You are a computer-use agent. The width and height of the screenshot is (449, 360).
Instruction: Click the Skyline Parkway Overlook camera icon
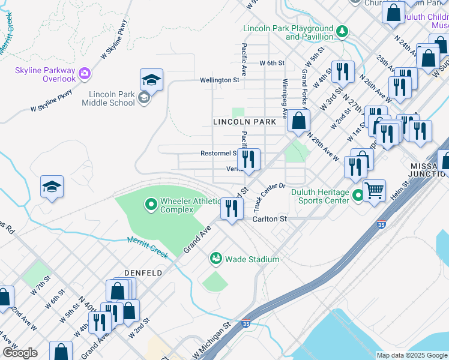click(x=85, y=73)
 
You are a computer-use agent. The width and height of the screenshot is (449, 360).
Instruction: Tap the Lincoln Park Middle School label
click(x=112, y=98)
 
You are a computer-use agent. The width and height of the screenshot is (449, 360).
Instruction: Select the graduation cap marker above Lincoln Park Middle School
click(x=152, y=80)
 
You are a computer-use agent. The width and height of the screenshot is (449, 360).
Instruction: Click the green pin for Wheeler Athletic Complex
click(x=151, y=206)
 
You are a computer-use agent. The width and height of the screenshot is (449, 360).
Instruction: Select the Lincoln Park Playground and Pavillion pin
click(x=342, y=31)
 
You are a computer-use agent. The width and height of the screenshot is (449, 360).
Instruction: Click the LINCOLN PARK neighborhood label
click(x=244, y=122)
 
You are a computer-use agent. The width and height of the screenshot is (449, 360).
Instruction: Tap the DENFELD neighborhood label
click(x=143, y=272)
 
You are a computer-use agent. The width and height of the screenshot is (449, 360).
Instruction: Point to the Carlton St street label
click(x=270, y=219)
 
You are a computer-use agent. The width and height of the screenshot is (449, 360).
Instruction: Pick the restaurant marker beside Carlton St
click(x=231, y=209)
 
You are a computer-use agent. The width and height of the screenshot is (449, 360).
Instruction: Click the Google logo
click(x=20, y=352)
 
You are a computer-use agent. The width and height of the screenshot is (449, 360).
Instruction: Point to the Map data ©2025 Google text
click(x=411, y=355)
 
